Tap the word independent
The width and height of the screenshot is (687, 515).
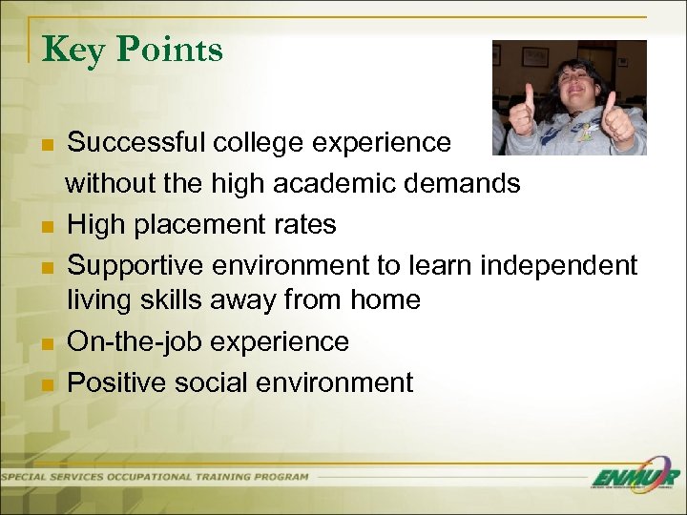coord(558,264)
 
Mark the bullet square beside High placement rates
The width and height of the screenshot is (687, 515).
coord(48,227)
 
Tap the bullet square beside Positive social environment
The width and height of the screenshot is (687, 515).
coord(48,385)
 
